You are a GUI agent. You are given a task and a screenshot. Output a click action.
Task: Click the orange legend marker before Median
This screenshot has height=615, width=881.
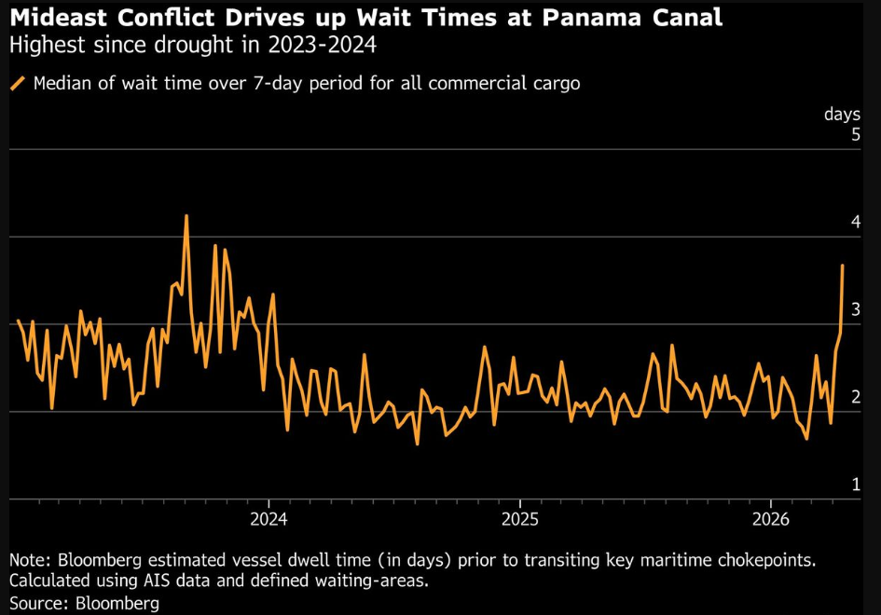(x=18, y=83)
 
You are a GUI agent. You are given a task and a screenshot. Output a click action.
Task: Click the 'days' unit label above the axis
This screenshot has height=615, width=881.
(x=842, y=114)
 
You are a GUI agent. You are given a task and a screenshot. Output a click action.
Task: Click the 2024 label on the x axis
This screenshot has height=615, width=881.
(x=268, y=519)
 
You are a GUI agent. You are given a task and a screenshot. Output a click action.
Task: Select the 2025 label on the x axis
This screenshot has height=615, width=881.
(x=520, y=519)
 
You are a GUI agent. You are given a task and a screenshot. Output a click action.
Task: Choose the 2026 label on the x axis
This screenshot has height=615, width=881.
(x=772, y=519)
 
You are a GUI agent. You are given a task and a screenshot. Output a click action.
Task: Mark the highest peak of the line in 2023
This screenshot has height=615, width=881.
(x=186, y=216)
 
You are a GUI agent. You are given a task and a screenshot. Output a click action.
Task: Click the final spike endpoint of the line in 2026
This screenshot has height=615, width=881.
(x=842, y=266)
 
